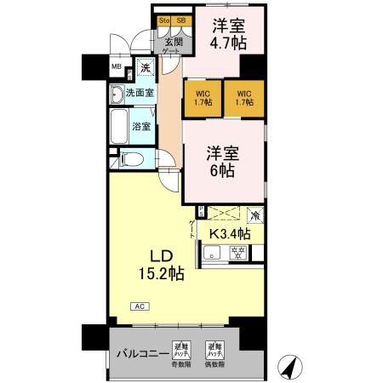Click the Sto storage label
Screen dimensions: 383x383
pyautogui.click(x=164, y=20)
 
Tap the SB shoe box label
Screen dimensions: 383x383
pyautogui.click(x=180, y=20)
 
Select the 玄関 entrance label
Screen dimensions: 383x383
pyautogui.click(x=173, y=39)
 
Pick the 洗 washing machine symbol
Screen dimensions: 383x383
pyautogui.click(x=146, y=68)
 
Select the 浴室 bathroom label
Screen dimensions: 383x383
pyautogui.click(x=141, y=127)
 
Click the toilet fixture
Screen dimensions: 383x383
pyautogui.click(x=129, y=157)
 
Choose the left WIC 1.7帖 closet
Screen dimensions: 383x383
pyautogui.click(x=203, y=98)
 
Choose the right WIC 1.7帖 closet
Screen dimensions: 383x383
pyautogui.click(x=244, y=98)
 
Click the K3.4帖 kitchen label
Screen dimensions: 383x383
pyautogui.click(x=231, y=233)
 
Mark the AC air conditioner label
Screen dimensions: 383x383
pyautogui.click(x=137, y=306)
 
